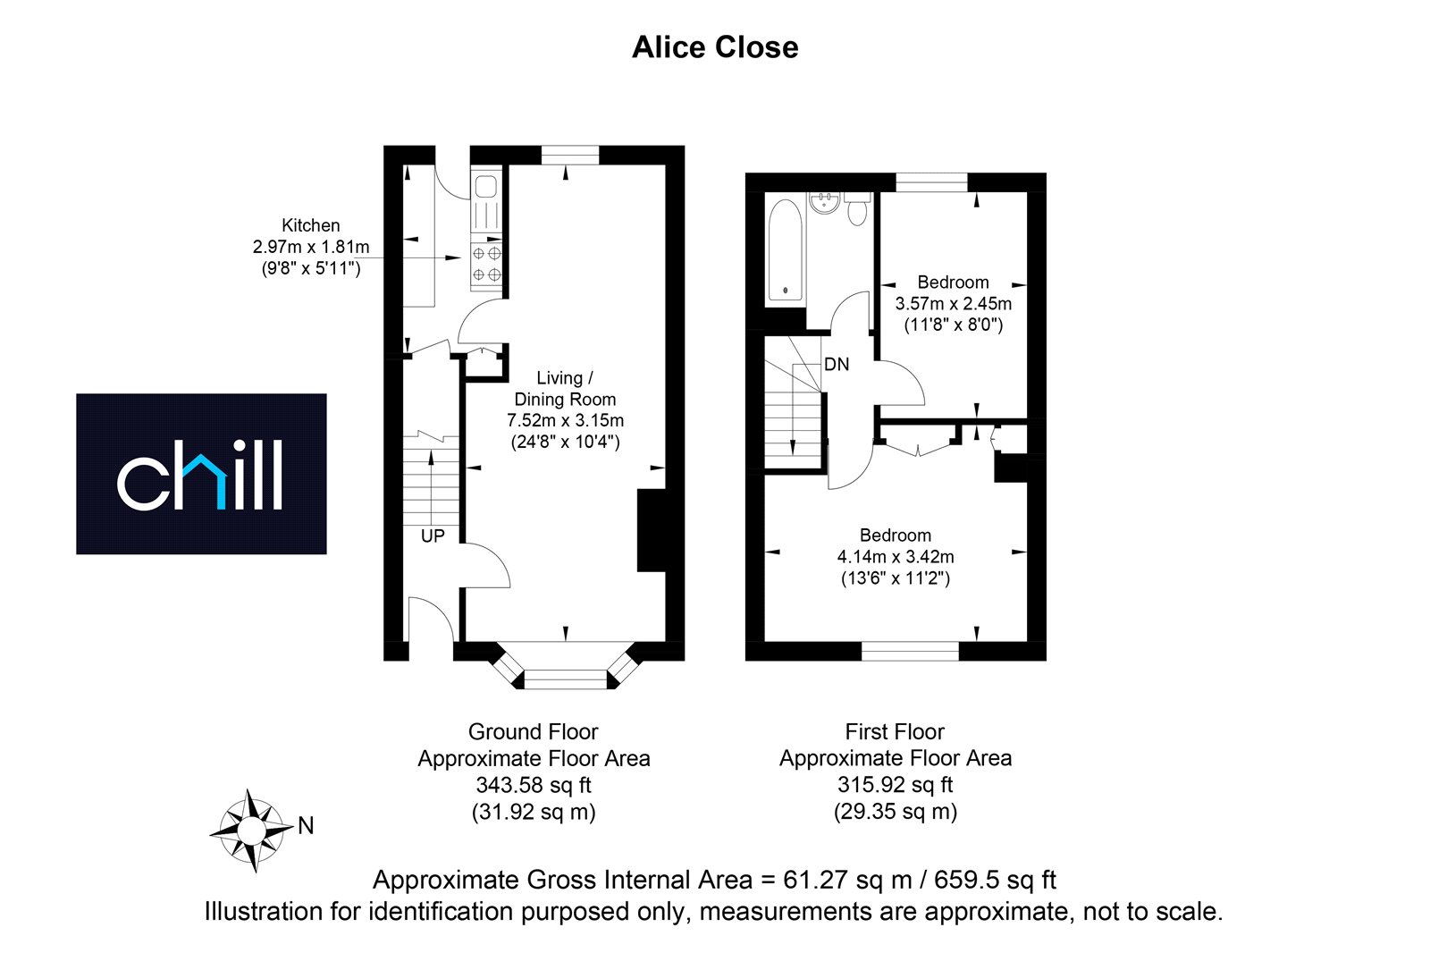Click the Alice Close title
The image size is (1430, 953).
pyautogui.click(x=715, y=47)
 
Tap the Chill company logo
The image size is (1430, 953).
pyautogui.click(x=201, y=474)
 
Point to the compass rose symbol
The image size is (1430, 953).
pyautogui.click(x=252, y=831)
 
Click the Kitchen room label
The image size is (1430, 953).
pyautogui.click(x=311, y=225)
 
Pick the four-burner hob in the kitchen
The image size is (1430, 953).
pyautogui.click(x=486, y=263)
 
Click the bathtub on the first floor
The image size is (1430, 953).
pyautogui.click(x=785, y=249)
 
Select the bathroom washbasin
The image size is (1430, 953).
pyautogui.click(x=825, y=202)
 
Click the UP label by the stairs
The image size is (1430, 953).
pyautogui.click(x=433, y=536)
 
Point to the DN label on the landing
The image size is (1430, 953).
pyautogui.click(x=837, y=364)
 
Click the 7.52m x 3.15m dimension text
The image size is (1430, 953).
pyautogui.click(x=565, y=421)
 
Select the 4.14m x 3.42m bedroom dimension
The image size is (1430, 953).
pyautogui.click(x=896, y=557)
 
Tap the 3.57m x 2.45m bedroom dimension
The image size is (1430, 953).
pyautogui.click(x=953, y=303)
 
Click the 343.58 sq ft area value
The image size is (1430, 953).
pyautogui.click(x=534, y=784)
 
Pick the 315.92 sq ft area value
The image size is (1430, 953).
pyautogui.click(x=895, y=784)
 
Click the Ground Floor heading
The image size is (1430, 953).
pyautogui.click(x=533, y=731)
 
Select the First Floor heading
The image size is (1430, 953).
pyautogui.click(x=895, y=731)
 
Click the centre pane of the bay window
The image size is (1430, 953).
pyautogui.click(x=565, y=679)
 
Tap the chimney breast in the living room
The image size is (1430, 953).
pyautogui.click(x=652, y=530)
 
